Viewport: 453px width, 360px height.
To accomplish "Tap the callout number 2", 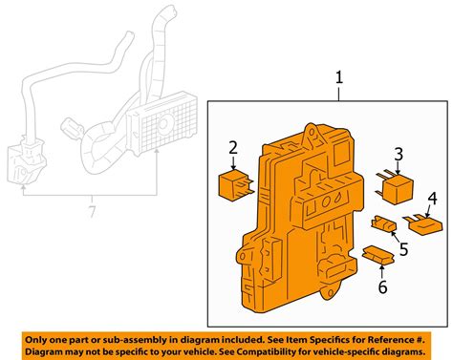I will pyautogui.click(x=231, y=146).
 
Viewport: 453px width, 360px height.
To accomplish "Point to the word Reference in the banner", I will pyautogui.click(x=382, y=339).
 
